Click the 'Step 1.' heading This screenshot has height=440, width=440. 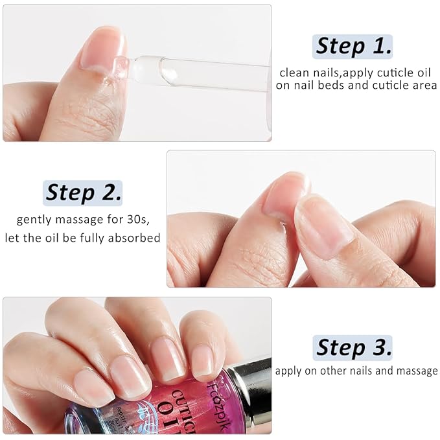click(x=354, y=46)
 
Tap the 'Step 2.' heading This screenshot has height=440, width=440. click(x=83, y=192)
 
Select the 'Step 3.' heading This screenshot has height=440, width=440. click(x=354, y=347)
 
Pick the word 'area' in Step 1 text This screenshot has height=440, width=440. click(x=425, y=86)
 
